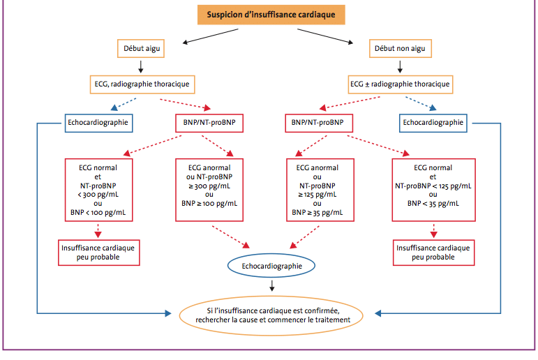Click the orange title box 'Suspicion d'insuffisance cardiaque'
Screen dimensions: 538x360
point(271,15)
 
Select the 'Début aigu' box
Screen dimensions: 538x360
point(141,48)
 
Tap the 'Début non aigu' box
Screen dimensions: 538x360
point(400,48)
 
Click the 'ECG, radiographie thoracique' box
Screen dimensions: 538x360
point(142,84)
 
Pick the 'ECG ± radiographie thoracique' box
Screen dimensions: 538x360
point(401,84)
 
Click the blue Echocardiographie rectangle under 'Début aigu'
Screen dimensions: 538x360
point(99,123)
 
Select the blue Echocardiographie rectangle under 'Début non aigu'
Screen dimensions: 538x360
point(433,123)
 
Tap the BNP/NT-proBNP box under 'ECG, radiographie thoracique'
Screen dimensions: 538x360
point(209,123)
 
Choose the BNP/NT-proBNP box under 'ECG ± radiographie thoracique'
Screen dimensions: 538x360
point(319,123)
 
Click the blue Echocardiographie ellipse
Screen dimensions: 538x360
point(271,266)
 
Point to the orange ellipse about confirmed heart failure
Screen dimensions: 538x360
point(271,315)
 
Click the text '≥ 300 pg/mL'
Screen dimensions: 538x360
point(209,186)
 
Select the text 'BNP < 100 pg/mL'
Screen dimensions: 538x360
point(98,212)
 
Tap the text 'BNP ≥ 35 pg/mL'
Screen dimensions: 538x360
point(317,212)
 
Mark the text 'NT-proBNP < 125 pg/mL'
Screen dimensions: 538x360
point(433,186)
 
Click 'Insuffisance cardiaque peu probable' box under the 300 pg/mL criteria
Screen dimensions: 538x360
point(99,253)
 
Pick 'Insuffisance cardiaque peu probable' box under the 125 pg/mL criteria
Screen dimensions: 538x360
point(434,253)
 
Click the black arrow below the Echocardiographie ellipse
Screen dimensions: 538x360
point(271,285)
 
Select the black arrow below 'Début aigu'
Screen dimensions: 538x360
point(141,66)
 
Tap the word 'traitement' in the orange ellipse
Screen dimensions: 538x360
point(332,320)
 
